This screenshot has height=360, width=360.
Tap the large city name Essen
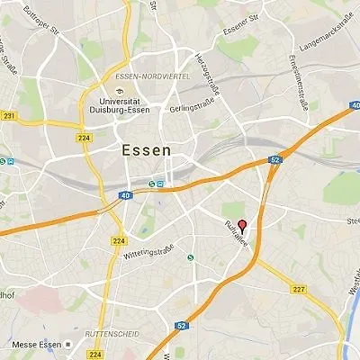click(145, 151)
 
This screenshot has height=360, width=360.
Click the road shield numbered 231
click(9, 116)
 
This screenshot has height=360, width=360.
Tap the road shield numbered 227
click(299, 289)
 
